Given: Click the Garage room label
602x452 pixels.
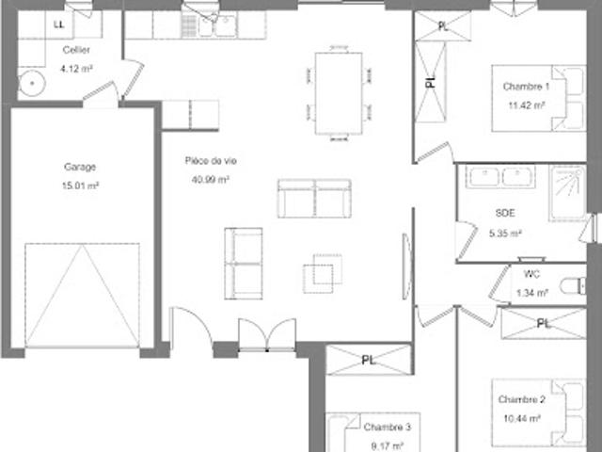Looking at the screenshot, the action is (80, 167).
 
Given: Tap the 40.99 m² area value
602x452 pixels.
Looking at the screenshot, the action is (211, 179).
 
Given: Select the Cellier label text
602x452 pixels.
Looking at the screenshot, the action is (76, 50).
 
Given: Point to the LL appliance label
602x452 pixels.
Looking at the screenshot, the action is (58, 25).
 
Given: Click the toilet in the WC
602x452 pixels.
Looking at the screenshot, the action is (573, 286).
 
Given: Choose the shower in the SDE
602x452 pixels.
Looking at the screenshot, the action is (567, 192).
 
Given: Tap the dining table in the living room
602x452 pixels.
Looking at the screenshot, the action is (339, 93).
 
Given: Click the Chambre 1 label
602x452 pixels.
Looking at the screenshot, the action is (526, 87).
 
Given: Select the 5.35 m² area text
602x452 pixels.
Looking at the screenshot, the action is (505, 233).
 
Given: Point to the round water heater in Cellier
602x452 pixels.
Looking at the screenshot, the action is (32, 83).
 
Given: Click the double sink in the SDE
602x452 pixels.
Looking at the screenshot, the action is (500, 176).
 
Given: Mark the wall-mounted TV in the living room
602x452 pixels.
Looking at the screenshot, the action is (407, 266).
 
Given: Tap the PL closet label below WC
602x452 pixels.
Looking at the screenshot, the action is (543, 324).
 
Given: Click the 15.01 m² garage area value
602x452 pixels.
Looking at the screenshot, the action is (80, 186).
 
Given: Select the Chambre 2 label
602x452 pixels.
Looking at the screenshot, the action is (521, 399).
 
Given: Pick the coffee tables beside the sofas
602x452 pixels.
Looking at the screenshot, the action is (323, 273).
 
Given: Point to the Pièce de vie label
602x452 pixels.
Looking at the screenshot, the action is (211, 161).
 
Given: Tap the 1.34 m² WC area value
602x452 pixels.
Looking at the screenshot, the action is (532, 293).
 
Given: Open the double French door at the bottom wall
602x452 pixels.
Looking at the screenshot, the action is (267, 335).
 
